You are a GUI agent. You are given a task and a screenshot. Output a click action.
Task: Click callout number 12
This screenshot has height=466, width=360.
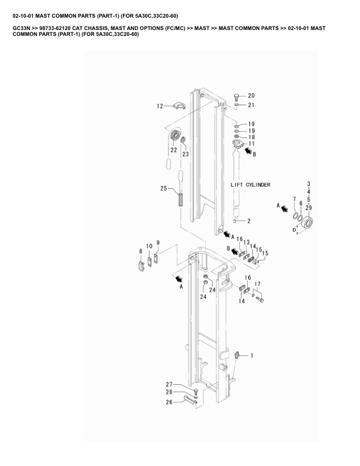pos(159,106)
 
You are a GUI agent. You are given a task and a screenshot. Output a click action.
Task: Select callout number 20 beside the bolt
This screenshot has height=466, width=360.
pos(251,95)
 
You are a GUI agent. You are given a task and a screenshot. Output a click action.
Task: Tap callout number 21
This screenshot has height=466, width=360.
pos(251,105)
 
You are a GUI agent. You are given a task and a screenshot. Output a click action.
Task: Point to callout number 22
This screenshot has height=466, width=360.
pos(174,149)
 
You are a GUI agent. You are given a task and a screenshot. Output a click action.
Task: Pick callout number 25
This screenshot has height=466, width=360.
pos(164,188)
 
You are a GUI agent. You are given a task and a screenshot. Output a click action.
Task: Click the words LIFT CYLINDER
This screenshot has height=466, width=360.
pos(250,184)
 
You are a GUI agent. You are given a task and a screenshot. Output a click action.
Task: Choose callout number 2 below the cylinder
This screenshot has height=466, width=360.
pos(249,221)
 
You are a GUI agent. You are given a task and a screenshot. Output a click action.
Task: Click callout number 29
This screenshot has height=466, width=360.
pos(309,208)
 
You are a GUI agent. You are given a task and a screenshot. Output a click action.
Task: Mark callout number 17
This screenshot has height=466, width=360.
pos(257,284)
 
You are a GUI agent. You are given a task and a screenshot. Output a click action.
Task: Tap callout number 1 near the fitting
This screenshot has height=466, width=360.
pos(252,355)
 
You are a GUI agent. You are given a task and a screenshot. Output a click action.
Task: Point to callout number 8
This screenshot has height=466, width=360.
pos(141,251)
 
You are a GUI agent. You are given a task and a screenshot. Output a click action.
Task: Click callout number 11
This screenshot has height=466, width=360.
pos(251,143)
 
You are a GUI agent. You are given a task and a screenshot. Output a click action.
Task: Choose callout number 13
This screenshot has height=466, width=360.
pos(247,242)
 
